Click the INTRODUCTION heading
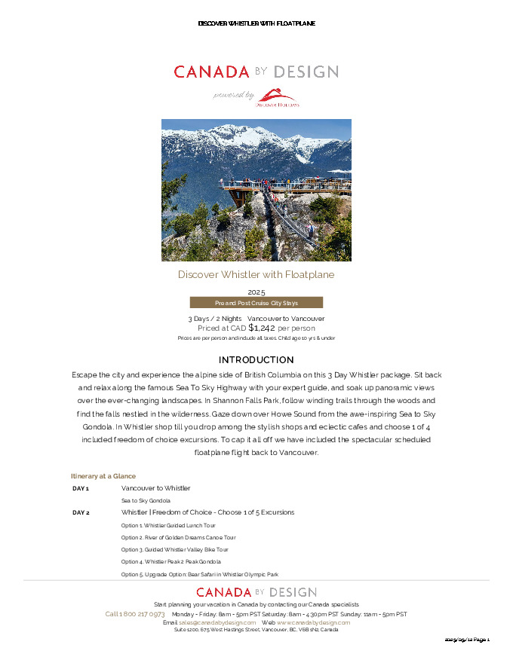pos(256,360)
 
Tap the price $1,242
pos(262,328)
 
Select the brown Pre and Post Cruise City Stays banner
pos(256,303)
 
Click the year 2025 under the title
pos(256,292)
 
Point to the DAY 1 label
pos(81,488)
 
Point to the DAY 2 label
pos(81,512)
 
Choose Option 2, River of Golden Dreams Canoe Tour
pos(178,538)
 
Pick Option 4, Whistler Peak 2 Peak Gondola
pos(170,562)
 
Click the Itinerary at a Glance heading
pos(103,476)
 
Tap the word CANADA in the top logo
pos(211,72)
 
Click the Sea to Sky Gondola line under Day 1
pos(146,500)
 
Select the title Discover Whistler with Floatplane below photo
pos(256,275)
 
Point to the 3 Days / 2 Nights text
pos(215,319)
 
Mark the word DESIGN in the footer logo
pos(291,592)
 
